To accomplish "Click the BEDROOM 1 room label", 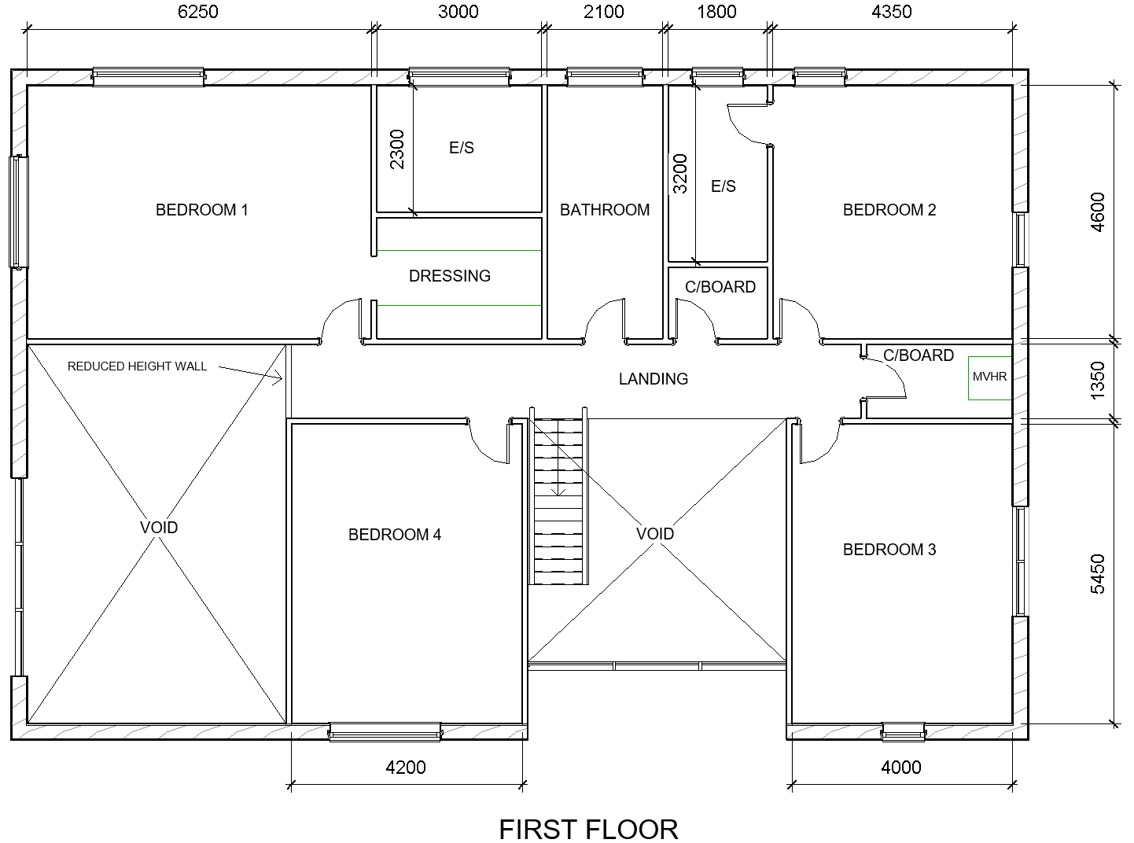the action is (201, 210).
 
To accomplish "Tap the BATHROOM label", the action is (604, 210).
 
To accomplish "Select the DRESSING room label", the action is (449, 275).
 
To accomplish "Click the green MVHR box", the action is (989, 377).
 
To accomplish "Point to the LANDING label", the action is (653, 379).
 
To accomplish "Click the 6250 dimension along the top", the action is (198, 12).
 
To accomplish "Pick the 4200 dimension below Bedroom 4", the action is (406, 767).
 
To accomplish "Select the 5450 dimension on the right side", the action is (1097, 573).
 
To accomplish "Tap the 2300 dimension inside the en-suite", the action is (397, 149).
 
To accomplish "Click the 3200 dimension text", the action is (680, 174).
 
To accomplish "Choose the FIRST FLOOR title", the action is (588, 829).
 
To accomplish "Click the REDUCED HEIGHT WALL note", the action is (137, 366).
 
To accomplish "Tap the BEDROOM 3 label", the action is (889, 550).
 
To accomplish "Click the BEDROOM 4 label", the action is (394, 535).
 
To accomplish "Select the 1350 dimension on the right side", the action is (1097, 381).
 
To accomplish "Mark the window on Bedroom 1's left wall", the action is (18, 212).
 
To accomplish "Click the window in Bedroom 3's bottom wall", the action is (903, 731).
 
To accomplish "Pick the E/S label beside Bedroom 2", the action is (723, 186).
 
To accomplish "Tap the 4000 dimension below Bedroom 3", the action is (901, 767).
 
